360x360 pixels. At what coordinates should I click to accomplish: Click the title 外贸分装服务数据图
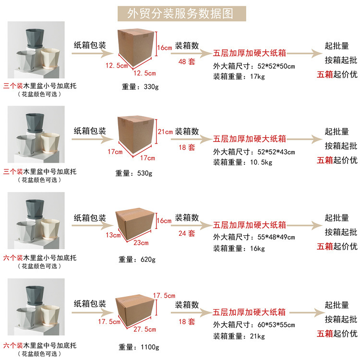click(180, 13)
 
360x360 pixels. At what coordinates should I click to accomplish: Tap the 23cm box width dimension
click(141, 243)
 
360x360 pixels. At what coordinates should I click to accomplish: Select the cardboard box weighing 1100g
click(134, 307)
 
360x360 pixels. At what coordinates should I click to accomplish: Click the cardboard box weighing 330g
click(136, 48)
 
